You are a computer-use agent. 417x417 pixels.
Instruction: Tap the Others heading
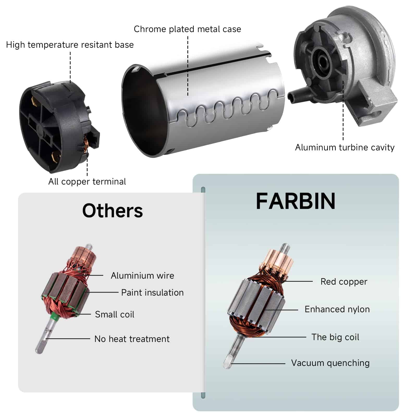coord(113,211)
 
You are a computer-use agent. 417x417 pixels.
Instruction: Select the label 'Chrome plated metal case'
coord(187,29)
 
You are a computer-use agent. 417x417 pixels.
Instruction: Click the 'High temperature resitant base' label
coord(70,45)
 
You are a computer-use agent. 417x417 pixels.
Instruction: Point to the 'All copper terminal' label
coord(87,181)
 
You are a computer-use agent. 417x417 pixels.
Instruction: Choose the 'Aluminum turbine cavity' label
coord(345,147)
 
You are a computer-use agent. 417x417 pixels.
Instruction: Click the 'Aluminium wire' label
coord(143,275)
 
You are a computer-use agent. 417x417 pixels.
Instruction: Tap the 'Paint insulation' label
coord(152,292)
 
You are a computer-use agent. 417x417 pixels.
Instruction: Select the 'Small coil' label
coord(115,314)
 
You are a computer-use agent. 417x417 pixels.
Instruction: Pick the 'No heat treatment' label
coord(132,339)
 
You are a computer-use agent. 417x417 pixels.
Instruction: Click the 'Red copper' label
coord(344,281)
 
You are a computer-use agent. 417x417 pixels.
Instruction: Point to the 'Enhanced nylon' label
coord(337,309)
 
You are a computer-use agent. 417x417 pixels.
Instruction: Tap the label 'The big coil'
coord(335,337)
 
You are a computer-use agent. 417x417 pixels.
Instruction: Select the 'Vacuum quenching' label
coord(330,363)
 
